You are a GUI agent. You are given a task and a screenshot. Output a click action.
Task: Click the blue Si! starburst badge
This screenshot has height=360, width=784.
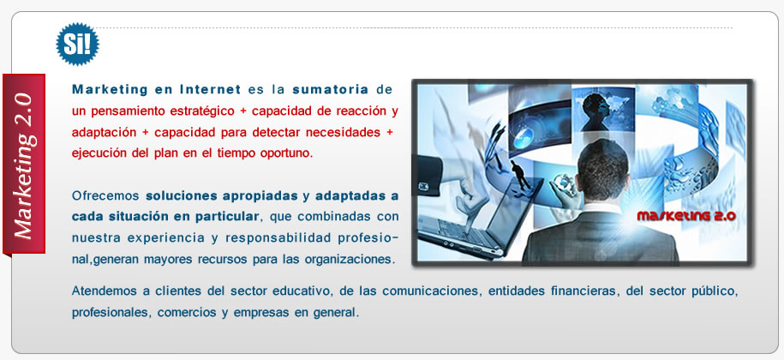point(77,44)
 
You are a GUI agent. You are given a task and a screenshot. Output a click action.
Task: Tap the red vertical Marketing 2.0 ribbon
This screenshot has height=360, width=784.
point(24,165)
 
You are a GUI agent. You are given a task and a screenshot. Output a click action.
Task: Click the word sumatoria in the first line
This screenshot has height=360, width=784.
point(331,90)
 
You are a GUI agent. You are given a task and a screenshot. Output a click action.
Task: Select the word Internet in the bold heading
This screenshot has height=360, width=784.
point(210,90)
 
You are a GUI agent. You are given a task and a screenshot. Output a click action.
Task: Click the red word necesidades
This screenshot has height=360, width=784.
point(344,133)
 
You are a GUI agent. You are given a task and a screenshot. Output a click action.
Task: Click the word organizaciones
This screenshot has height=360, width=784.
point(350,260)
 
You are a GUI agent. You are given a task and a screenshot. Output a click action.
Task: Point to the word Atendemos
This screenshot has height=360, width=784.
point(104,291)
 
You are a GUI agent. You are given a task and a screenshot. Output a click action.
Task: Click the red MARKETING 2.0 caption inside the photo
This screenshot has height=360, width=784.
point(686,216)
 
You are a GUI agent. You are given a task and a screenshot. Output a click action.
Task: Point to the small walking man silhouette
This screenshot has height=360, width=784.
point(519,175)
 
